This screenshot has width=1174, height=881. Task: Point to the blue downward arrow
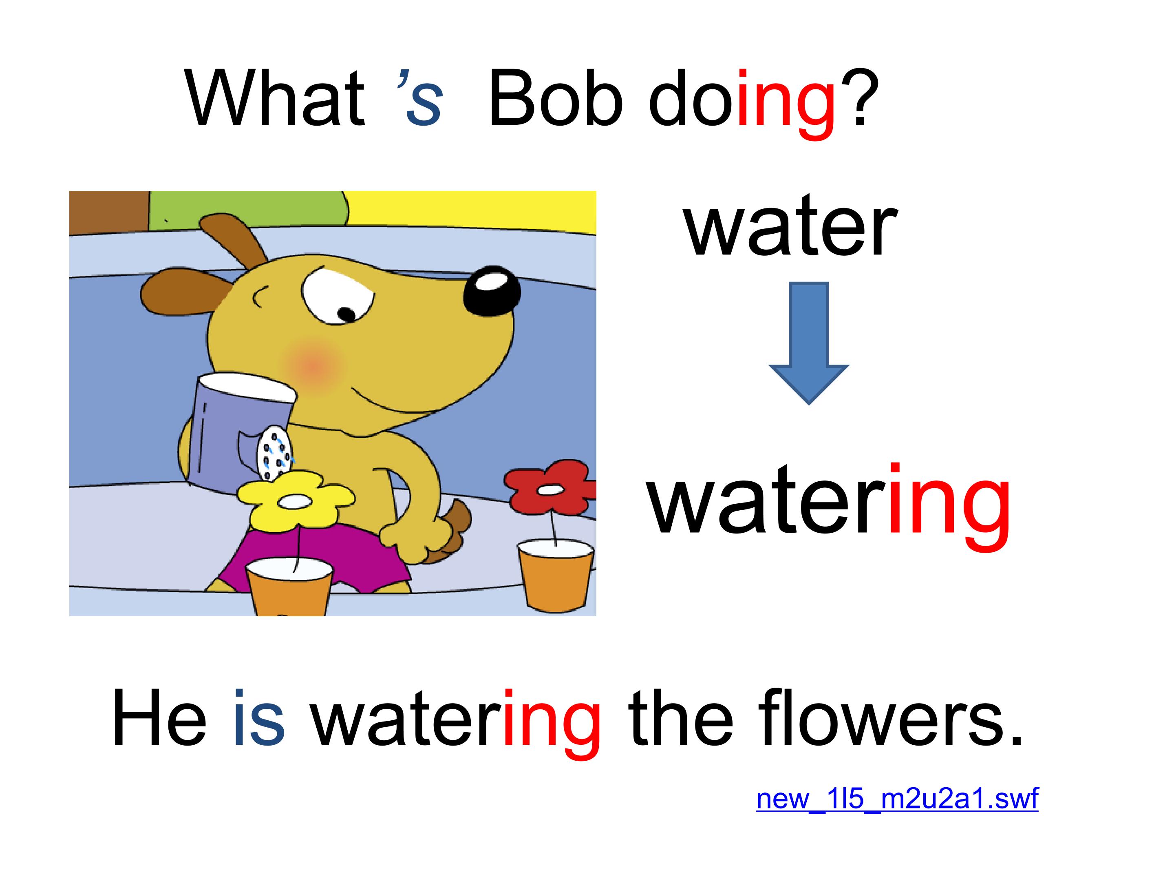coord(809,343)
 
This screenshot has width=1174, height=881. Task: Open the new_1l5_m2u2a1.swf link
coord(897,799)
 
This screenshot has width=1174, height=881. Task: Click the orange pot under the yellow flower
coord(289,587)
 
